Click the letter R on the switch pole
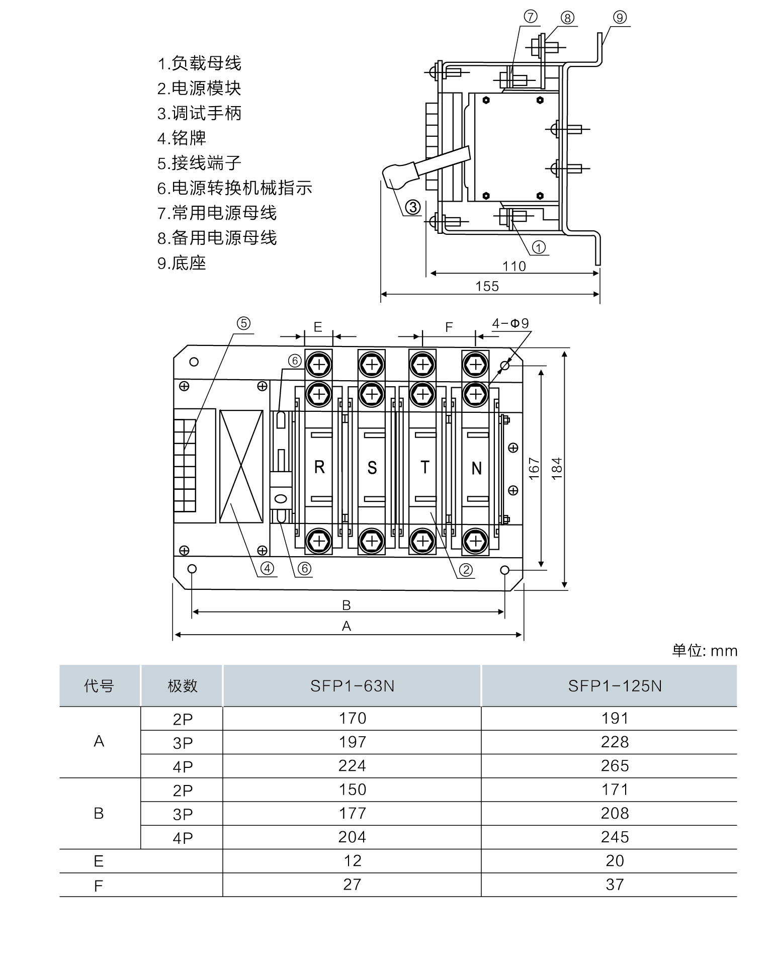pyautogui.click(x=319, y=468)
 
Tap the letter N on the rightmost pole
pyautogui.click(x=476, y=468)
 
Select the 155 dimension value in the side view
pyautogui.click(x=487, y=286)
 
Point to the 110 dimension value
pyautogui.click(x=514, y=266)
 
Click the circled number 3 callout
pyautogui.click(x=412, y=207)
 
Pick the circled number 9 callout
pyautogui.click(x=620, y=18)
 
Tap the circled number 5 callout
pyautogui.click(x=243, y=323)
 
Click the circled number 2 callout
pyautogui.click(x=466, y=569)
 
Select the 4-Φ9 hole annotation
pyautogui.click(x=510, y=323)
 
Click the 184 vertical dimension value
pyautogui.click(x=557, y=468)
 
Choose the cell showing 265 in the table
pyautogui.click(x=615, y=766)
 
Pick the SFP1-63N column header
pyautogui.click(x=352, y=686)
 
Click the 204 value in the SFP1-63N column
pyautogui.click(x=352, y=837)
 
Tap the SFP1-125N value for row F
pyautogui.click(x=615, y=885)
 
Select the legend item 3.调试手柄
pyautogui.click(x=199, y=113)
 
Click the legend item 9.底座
pyautogui.click(x=182, y=263)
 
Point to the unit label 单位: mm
pyautogui.click(x=704, y=651)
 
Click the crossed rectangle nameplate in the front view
pyautogui.click(x=241, y=466)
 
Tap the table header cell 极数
pyautogui.click(x=182, y=686)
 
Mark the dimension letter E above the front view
pyautogui.click(x=318, y=327)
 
